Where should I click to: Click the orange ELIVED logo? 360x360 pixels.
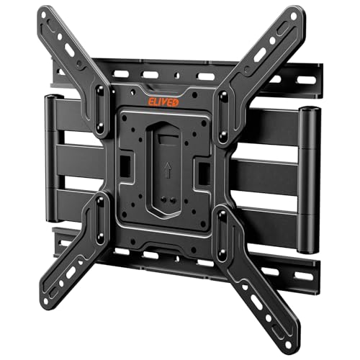point(163,102)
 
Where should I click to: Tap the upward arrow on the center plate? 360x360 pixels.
point(168,170)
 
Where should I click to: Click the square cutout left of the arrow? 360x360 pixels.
point(125,166)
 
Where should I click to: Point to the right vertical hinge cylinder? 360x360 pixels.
point(309,180)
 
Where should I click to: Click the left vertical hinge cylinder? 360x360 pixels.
point(52,158)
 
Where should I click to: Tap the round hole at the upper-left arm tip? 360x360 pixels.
point(44,15)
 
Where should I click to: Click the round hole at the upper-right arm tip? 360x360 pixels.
point(293,17)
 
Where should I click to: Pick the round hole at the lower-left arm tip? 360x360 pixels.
point(45,301)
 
